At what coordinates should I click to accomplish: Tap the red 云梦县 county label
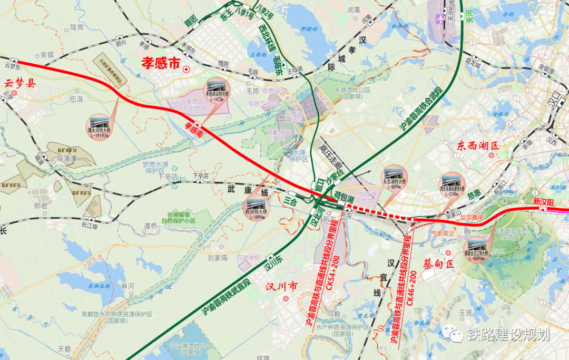(20, 83)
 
